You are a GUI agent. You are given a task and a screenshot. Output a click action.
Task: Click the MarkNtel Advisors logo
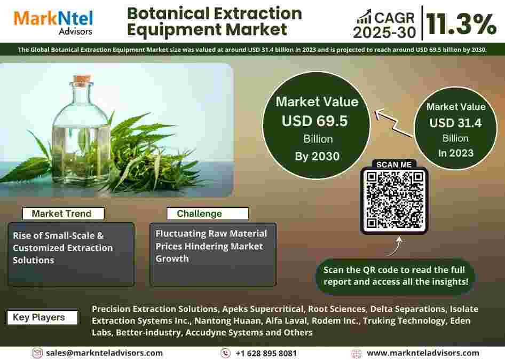tap(53, 22)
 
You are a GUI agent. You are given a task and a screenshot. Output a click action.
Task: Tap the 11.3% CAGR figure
tap(461, 24)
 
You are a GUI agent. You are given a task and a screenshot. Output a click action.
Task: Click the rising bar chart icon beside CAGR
tap(364, 17)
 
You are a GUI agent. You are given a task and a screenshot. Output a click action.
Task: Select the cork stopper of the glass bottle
tap(82, 80)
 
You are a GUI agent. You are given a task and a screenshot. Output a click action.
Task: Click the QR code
tap(394, 200)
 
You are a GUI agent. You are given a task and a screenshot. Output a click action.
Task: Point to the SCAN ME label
tap(394, 165)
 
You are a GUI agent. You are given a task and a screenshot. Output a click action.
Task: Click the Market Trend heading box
tap(63, 214)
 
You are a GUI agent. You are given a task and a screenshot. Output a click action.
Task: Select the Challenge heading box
tap(208, 214)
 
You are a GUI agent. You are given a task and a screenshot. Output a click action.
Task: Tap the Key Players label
tap(42, 317)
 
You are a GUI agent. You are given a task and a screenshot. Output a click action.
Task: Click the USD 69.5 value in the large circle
tap(314, 121)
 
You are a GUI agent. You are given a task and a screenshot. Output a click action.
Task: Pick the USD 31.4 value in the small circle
tap(455, 123)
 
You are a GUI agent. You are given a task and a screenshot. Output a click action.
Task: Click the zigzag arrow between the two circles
tap(393, 122)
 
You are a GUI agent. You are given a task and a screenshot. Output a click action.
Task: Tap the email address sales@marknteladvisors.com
tap(104, 353)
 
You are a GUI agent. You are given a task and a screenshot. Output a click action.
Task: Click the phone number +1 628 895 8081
tap(266, 353)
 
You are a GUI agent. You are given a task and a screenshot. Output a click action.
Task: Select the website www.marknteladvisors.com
tap(423, 353)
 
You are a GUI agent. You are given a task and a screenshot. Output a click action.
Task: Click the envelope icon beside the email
tap(37, 353)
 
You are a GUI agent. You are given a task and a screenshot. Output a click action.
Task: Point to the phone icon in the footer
tap(225, 353)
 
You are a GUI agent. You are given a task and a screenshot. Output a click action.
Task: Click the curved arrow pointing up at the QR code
tap(396, 246)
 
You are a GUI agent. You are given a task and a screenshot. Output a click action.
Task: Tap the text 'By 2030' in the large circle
tap(317, 156)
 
